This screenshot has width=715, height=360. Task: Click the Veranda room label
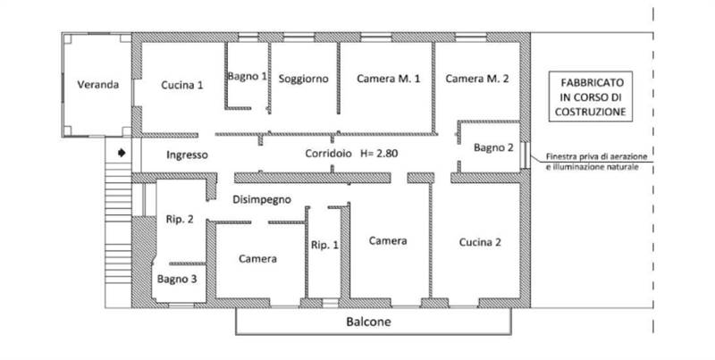coord(98,84)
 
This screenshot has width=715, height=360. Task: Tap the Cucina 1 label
coord(182,85)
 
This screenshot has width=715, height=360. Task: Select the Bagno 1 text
coord(248,76)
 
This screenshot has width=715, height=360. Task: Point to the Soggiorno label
coord(303,79)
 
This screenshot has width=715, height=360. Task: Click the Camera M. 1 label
coord(389,79)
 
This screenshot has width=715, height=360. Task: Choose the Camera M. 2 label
coord(477,79)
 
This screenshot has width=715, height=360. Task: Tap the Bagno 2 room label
coord(493,147)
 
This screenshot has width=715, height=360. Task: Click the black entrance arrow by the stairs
coord(122,153)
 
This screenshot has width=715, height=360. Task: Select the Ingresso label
coord(187,155)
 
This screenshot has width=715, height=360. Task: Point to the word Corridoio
coord(328,154)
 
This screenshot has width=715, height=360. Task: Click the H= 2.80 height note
coord(379,154)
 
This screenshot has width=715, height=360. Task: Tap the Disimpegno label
coord(262,199)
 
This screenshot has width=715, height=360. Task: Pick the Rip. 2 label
coord(180,219)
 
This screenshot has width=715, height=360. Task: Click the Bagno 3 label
coord(177,279)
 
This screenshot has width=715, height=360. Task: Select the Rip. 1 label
coord(324,245)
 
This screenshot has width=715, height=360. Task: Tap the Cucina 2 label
coord(480,242)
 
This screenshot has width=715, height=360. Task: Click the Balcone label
coord(368,322)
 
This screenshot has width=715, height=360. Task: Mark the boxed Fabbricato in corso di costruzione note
coord(591,96)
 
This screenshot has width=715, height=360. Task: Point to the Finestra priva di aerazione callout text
coord(597,162)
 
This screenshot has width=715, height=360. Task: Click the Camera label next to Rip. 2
coord(257,259)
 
